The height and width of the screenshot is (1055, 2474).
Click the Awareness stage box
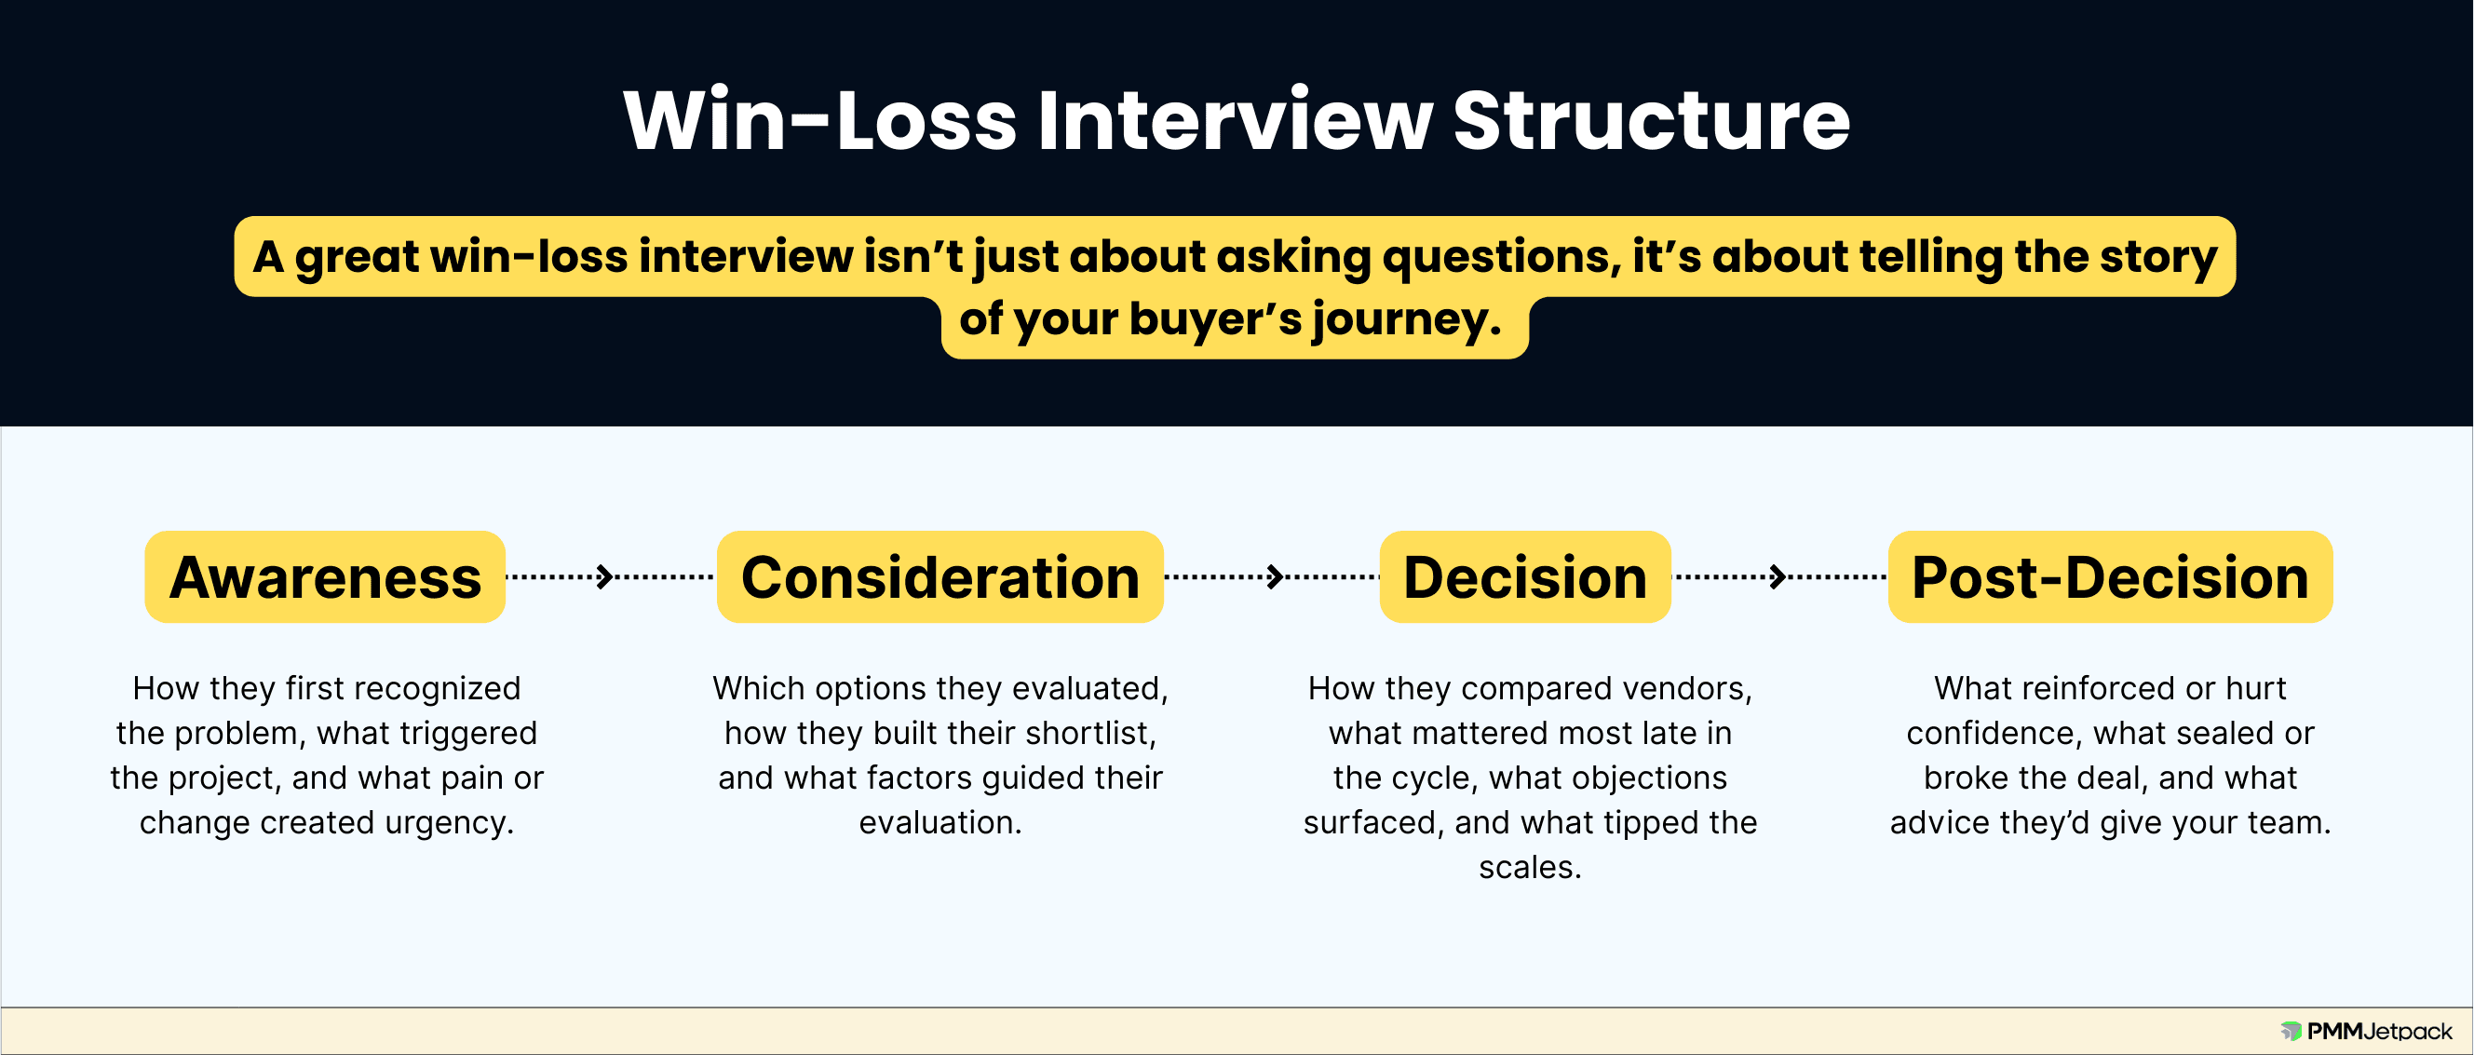(x=325, y=576)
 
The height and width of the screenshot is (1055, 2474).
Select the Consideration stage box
(x=940, y=576)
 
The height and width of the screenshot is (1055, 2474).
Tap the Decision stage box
(x=1525, y=576)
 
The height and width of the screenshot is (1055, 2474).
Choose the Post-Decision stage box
(x=2110, y=576)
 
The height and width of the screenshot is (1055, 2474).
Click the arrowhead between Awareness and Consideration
(x=605, y=576)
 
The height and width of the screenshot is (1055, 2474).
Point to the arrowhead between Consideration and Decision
(x=1276, y=576)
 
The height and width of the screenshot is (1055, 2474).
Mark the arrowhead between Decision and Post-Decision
(x=1778, y=576)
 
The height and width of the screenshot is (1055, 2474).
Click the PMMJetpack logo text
(x=2379, y=1031)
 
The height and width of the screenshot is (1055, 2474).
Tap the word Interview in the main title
(x=1235, y=121)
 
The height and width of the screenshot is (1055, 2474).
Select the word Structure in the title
(x=1651, y=121)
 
